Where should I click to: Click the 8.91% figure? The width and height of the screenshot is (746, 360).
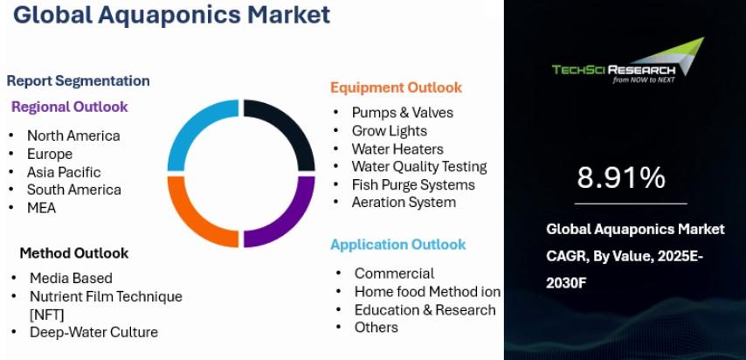click(621, 177)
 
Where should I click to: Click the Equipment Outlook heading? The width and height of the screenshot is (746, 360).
click(396, 87)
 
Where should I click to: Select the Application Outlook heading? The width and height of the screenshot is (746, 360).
click(398, 245)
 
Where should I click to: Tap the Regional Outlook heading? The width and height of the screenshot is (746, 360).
click(70, 107)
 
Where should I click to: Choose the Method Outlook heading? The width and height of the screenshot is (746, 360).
click(73, 253)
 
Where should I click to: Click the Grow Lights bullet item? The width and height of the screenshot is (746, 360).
click(390, 131)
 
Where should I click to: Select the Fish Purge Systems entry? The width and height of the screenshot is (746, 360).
click(413, 184)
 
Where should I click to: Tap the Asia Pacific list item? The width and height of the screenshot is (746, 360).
click(64, 172)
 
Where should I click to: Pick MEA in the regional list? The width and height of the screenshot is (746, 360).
click(41, 208)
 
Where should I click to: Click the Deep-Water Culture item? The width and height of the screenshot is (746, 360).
click(93, 332)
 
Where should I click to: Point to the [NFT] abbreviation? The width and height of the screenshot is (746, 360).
click(46, 315)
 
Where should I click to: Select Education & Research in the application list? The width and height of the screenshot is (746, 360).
click(425, 310)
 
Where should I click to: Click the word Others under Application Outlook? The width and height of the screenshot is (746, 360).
click(376, 328)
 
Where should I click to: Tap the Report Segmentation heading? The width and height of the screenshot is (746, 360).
click(78, 81)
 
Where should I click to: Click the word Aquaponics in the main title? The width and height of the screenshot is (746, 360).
click(169, 15)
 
